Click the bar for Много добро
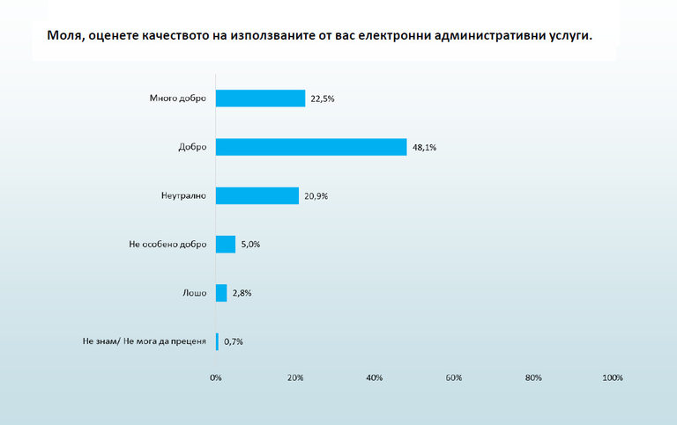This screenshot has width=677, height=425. tap(260, 99)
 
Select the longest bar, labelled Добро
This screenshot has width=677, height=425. tap(311, 147)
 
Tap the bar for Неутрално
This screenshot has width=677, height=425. tap(257, 195)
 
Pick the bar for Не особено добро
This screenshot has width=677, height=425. tap(226, 244)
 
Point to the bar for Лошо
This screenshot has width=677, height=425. tap(221, 292)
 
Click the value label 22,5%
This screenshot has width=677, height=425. tap(322, 99)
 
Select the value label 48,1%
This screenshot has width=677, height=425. tap(423, 148)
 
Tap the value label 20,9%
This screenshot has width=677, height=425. tap(316, 196)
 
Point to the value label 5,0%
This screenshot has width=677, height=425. tap(250, 245)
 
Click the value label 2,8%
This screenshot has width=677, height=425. tap(242, 293)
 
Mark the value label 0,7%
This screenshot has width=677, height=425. tap(233, 341)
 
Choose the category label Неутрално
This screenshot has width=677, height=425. tap(183, 195)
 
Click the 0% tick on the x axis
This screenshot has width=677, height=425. tap(216, 377)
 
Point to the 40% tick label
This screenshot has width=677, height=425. tap(375, 377)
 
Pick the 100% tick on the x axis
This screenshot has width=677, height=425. tap(613, 377)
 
